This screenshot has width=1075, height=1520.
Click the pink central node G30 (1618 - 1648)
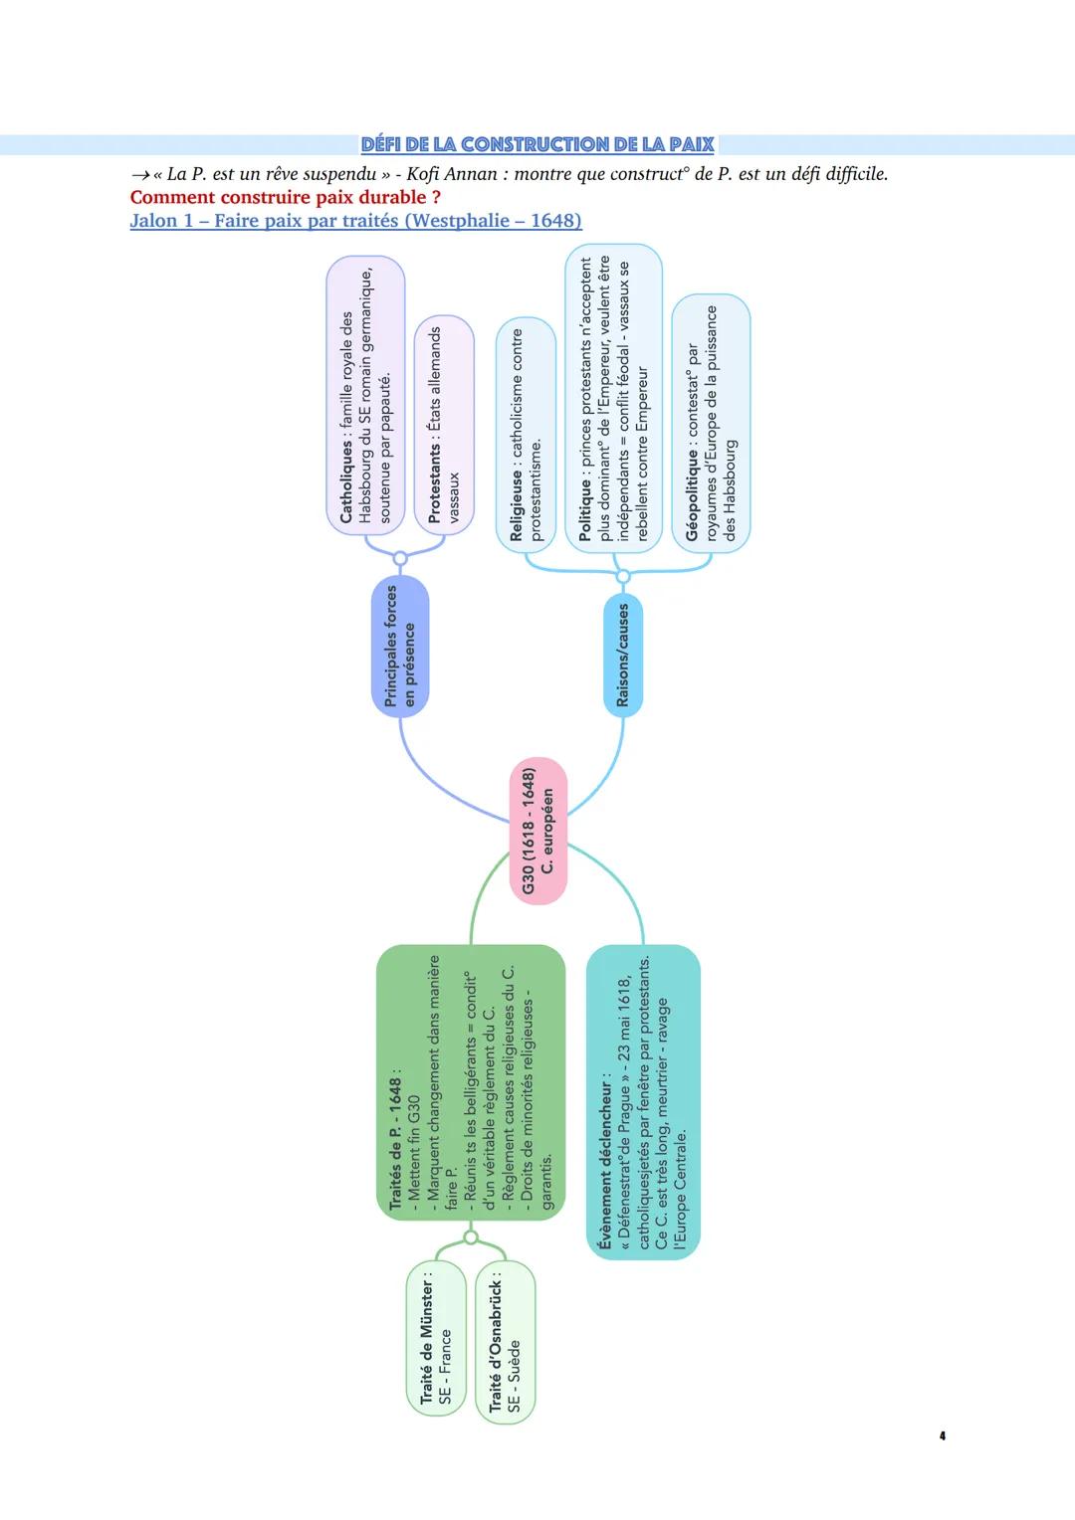(x=538, y=832)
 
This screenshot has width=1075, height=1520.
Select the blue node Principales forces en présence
(x=400, y=646)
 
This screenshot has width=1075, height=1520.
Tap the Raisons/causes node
(x=623, y=655)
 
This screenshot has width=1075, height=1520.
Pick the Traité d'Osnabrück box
(x=505, y=1342)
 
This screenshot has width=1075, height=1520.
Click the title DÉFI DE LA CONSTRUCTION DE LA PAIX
(x=537, y=144)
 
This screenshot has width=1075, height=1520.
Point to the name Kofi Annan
(x=452, y=174)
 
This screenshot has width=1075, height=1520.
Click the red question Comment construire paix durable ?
(x=286, y=197)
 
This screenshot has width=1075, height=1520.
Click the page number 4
(x=942, y=1435)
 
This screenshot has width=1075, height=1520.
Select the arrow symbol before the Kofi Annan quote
(x=140, y=175)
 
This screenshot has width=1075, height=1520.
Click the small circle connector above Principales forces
(x=400, y=559)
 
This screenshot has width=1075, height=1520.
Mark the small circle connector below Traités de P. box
(x=471, y=1237)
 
